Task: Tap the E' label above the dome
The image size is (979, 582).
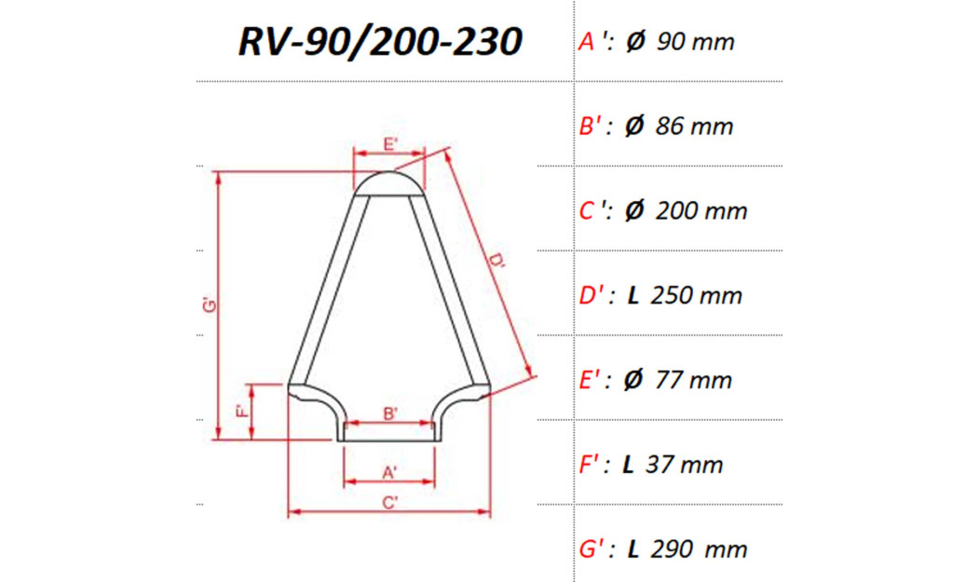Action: pyautogui.click(x=390, y=144)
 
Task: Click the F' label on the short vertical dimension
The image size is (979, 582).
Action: pyautogui.click(x=240, y=411)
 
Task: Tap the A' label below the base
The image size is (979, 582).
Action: pyautogui.click(x=390, y=472)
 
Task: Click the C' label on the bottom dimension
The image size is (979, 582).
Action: pyautogui.click(x=390, y=503)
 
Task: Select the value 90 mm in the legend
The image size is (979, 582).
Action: pyautogui.click(x=695, y=42)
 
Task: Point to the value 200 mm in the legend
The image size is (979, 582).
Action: pyautogui.click(x=701, y=211)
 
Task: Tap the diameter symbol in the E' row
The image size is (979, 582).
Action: pyautogui.click(x=632, y=381)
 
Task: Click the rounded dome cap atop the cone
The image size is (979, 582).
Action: pyautogui.click(x=390, y=183)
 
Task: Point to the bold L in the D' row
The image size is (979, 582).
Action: pyautogui.click(x=632, y=296)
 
